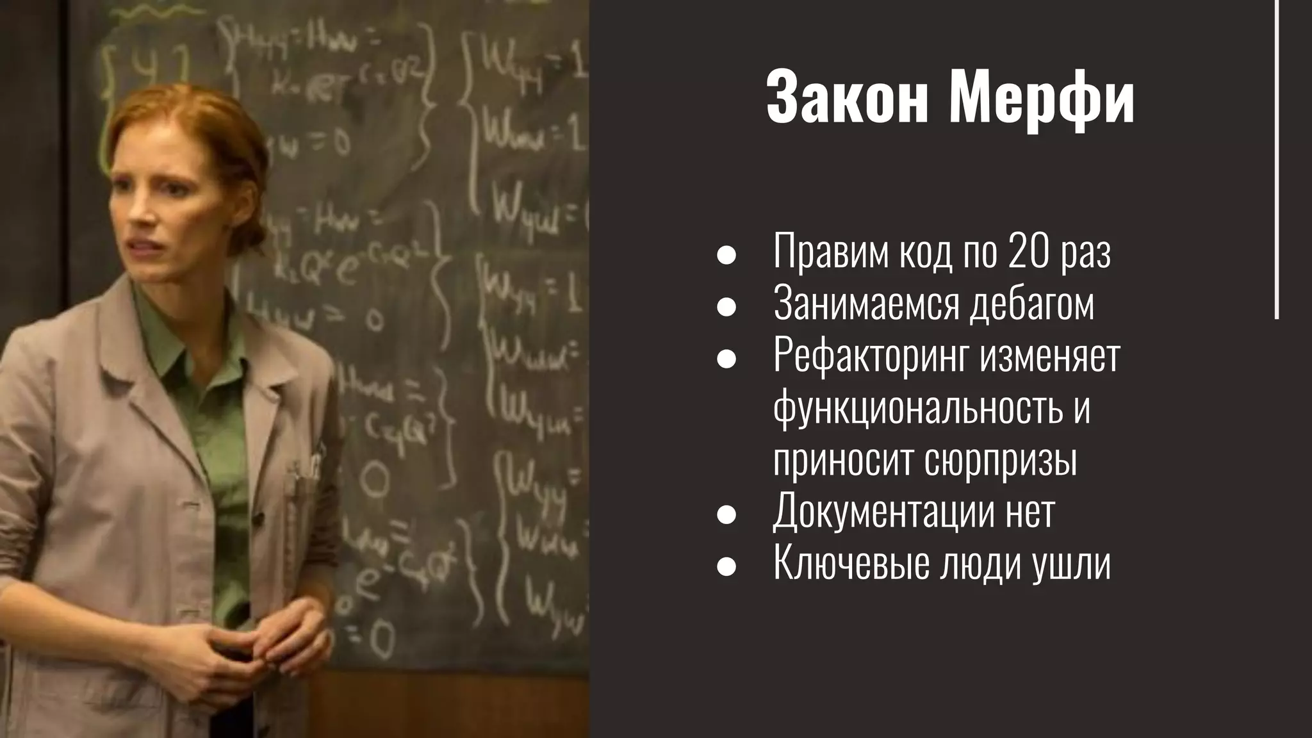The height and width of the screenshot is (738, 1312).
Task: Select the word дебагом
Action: pos(1031,303)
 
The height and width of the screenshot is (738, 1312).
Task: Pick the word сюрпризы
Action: pos(1001,460)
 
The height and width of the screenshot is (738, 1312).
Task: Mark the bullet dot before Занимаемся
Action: pos(726,307)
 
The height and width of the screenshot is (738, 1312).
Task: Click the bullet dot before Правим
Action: pos(726,255)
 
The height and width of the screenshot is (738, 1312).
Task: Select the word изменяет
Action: pos(1049,356)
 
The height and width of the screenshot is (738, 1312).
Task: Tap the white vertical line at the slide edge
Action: pos(1277,160)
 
